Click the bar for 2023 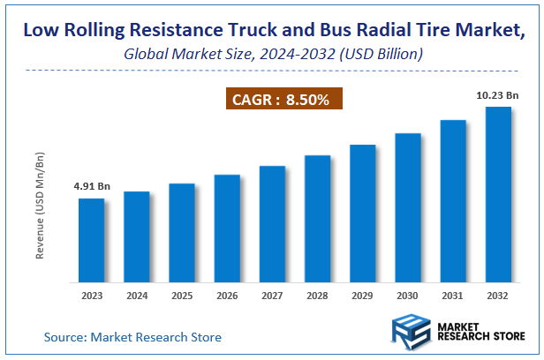pyautogui.click(x=91, y=240)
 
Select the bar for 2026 pyautogui.click(x=227, y=229)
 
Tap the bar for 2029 pyautogui.click(x=363, y=214)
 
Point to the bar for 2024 pyautogui.click(x=136, y=236)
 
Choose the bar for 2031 pyautogui.click(x=453, y=201)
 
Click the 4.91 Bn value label pyautogui.click(x=92, y=186)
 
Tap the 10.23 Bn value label pyautogui.click(x=498, y=95)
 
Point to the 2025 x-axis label pyautogui.click(x=182, y=296)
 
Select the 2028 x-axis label pyautogui.click(x=317, y=296)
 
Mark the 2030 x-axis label pyautogui.click(x=408, y=296)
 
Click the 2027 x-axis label pyautogui.click(x=272, y=296)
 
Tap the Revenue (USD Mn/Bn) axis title pyautogui.click(x=40, y=205)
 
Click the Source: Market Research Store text pyautogui.click(x=132, y=337)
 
